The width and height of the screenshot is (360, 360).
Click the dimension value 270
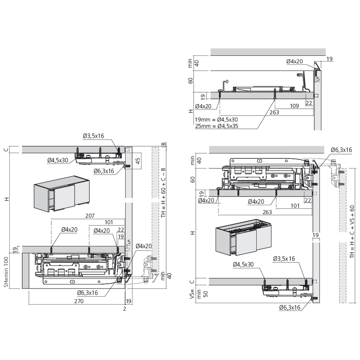[79, 301]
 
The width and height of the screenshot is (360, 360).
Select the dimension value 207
[90, 216]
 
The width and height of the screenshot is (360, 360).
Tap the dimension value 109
[294, 106]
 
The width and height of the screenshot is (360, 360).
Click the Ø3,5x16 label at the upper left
[94, 136]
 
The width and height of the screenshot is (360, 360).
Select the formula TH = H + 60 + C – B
[163, 192]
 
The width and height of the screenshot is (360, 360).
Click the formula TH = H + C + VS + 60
[352, 231]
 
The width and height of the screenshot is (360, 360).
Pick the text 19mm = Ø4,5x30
[216, 120]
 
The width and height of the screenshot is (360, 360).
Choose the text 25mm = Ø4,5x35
[217, 126]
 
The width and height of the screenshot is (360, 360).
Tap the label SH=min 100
[6, 272]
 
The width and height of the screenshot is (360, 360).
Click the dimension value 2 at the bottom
[125, 309]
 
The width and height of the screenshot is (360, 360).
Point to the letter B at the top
[163, 144]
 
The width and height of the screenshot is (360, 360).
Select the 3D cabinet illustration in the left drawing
[62, 194]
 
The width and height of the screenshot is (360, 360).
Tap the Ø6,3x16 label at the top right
[341, 150]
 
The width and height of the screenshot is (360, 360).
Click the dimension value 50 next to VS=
[206, 294]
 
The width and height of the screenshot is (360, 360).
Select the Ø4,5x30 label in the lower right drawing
[243, 265]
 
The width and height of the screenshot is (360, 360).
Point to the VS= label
[192, 294]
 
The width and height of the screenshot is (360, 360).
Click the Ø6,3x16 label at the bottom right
[290, 308]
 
